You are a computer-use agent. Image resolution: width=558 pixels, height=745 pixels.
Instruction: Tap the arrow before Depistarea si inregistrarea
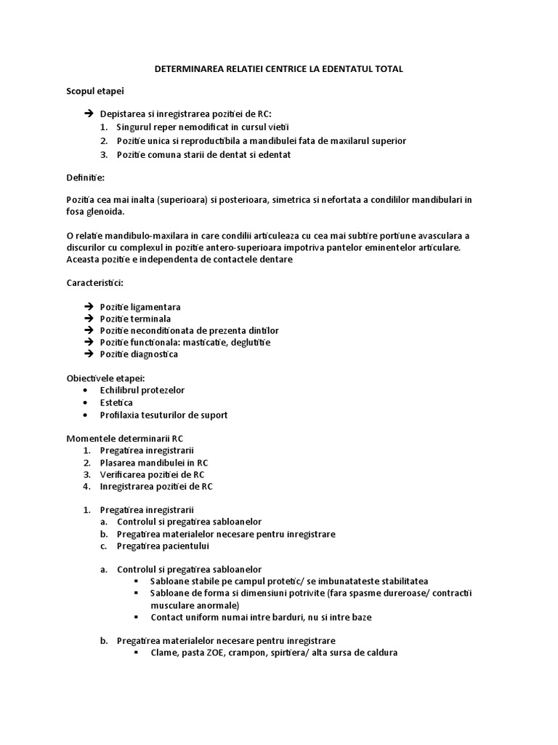[89, 114]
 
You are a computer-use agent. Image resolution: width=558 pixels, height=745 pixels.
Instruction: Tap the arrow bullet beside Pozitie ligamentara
[89, 306]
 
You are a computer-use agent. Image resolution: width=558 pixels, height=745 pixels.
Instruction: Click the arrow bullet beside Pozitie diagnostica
[89, 354]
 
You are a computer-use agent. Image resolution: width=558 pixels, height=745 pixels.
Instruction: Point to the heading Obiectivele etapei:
[105, 378]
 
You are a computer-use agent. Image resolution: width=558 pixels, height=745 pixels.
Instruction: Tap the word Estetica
[116, 402]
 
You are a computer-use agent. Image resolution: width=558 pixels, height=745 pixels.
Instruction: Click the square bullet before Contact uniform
[137, 617]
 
